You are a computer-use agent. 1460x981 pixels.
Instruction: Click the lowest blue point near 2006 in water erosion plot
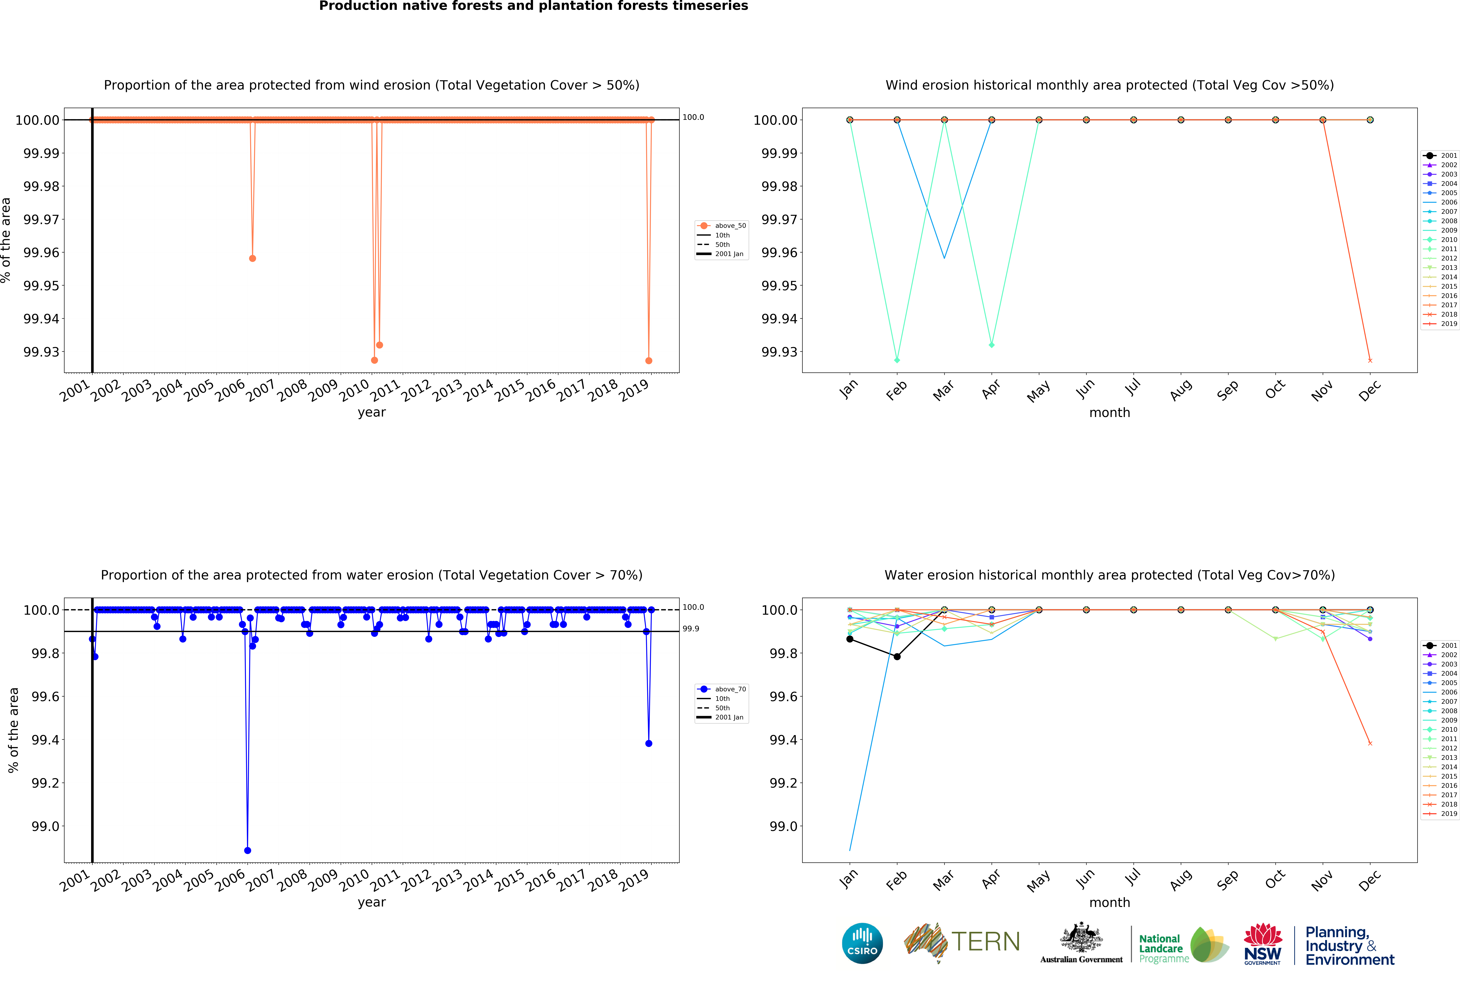248,850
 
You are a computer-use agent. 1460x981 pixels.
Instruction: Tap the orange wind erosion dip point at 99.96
253,258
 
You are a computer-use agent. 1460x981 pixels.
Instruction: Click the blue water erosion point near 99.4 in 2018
649,743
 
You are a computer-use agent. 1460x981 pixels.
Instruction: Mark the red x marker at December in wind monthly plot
1370,360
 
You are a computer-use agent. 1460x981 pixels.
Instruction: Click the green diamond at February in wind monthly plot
897,360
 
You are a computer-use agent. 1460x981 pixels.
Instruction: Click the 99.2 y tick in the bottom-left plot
45,783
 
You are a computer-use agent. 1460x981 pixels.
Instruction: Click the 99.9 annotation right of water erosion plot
691,629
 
